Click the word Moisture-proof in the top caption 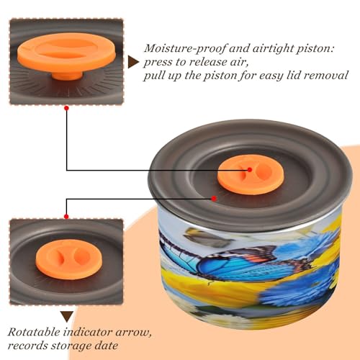point(185,48)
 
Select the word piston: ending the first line point(315,49)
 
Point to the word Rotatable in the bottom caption point(35,332)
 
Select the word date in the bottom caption point(107,346)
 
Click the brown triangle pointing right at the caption point(133,62)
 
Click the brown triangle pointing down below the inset point(67,316)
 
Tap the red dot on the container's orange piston point(250,170)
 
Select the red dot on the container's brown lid point(214,199)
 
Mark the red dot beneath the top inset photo point(67,108)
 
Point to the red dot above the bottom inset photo point(66,217)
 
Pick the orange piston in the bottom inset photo point(69,259)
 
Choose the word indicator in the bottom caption point(88,333)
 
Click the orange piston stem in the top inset point(67,76)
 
